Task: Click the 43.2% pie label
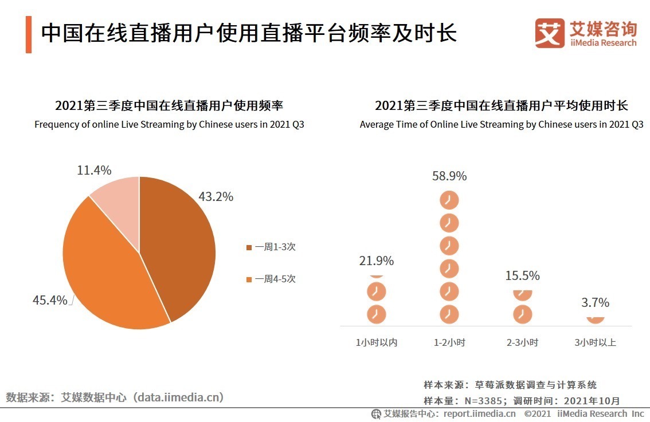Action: (216, 196)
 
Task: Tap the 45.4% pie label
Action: (49, 299)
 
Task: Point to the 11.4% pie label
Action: (94, 170)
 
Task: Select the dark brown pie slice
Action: (178, 246)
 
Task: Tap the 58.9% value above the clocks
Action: (449, 176)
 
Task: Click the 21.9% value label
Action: (376, 261)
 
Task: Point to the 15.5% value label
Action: (522, 275)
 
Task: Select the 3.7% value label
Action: (596, 302)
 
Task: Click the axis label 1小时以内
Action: (377, 342)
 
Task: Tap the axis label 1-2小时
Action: (449, 342)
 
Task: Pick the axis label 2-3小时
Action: (522, 342)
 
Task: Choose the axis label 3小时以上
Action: (596, 342)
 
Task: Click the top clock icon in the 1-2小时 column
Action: (449, 200)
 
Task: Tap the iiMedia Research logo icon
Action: (549, 33)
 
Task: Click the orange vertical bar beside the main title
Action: (28, 34)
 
